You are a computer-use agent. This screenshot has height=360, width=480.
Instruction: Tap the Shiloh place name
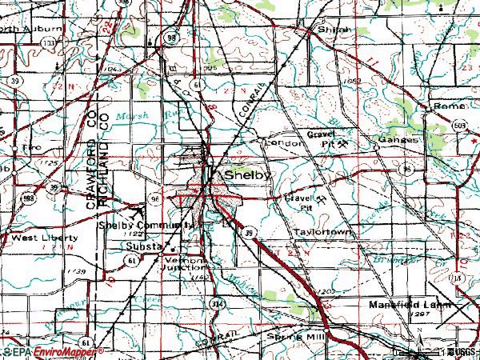coord(334,30)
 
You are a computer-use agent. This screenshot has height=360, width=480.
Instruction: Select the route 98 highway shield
coord(170,38)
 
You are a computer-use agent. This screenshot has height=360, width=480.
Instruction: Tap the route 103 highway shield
coord(50,42)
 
